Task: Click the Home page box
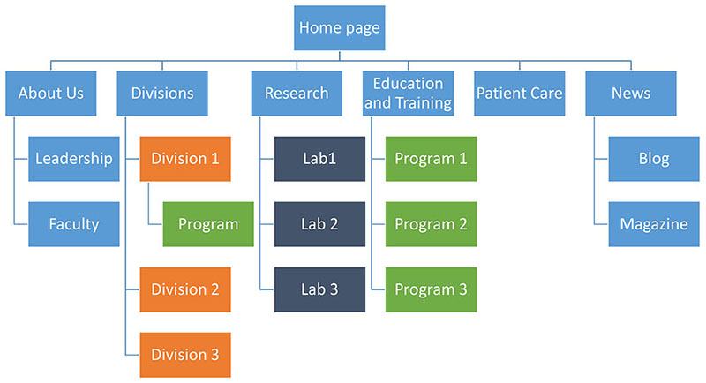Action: pos(340,28)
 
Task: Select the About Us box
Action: pos(51,94)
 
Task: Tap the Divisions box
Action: pos(162,94)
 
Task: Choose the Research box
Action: pos(297,94)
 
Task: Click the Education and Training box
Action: pos(408,94)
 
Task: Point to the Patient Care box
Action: pos(520,94)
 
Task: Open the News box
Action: pos(631,94)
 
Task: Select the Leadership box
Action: pos(74,159)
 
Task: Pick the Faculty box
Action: pos(74,224)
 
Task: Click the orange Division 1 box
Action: pos(185,159)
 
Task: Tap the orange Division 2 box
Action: pos(185,289)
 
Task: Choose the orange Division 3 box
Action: pos(185,355)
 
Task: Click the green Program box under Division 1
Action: pos(208,224)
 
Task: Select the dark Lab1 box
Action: pos(319,159)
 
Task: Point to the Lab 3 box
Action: pos(319,289)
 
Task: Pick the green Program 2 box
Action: pos(432,224)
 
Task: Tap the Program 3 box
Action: pos(432,289)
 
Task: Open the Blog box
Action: pos(654,159)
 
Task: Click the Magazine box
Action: pos(654,224)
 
